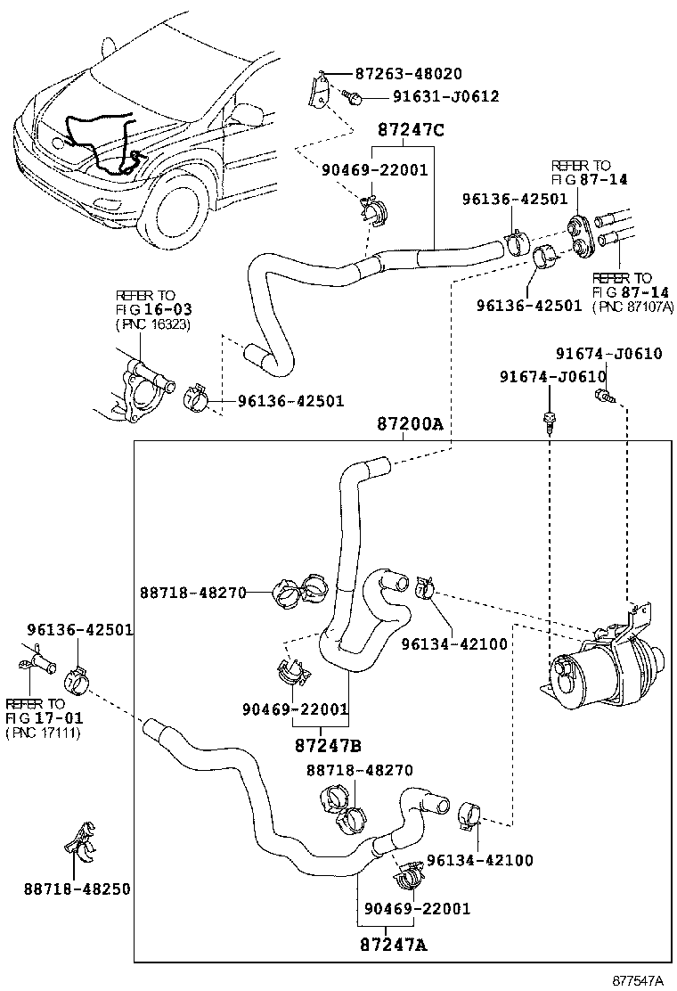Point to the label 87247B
tap(328, 745)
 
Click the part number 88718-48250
tap(77, 889)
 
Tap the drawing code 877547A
tap(637, 979)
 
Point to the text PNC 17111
tap(43, 733)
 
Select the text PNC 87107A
tap(633, 306)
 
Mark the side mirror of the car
tap(249, 113)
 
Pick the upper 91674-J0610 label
tap(608, 354)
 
